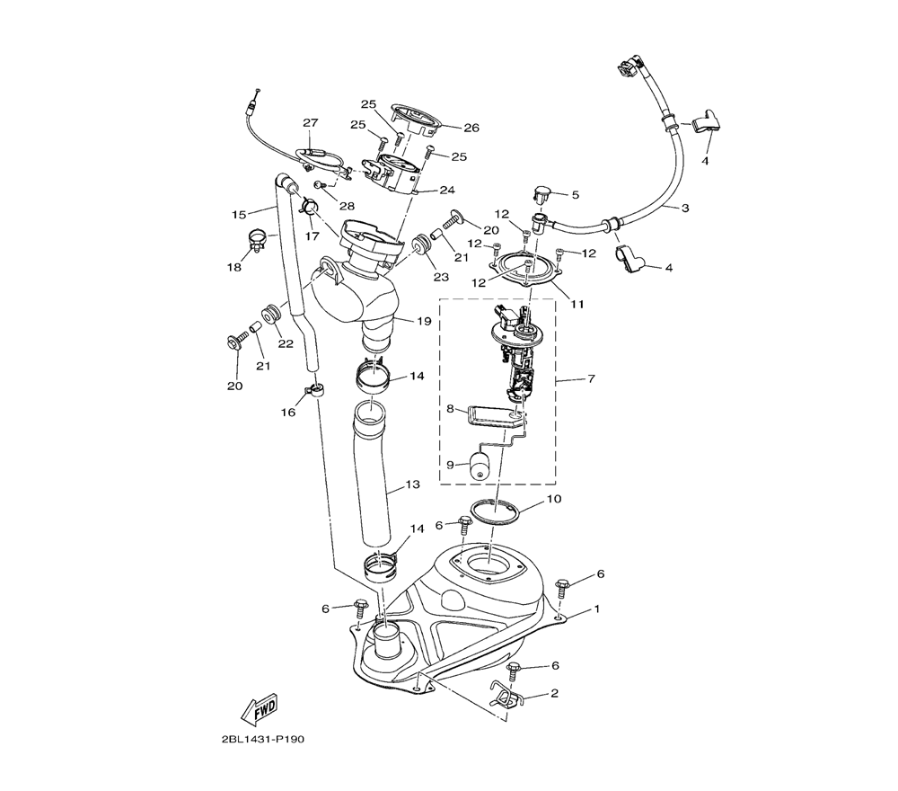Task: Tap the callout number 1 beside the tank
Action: pos(595,609)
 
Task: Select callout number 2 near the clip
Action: pos(554,694)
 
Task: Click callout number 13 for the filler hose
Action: pos(412,485)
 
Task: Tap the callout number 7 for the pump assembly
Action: pos(591,379)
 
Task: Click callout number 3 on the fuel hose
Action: pos(685,209)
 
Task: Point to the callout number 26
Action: pos(471,127)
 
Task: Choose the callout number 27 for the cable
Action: pos(310,123)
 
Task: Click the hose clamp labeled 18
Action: pos(257,240)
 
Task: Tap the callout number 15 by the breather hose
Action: pos(239,215)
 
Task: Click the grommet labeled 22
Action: pos(269,315)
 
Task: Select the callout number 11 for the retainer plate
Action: pos(576,304)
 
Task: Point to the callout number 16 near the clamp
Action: pos(288,412)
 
